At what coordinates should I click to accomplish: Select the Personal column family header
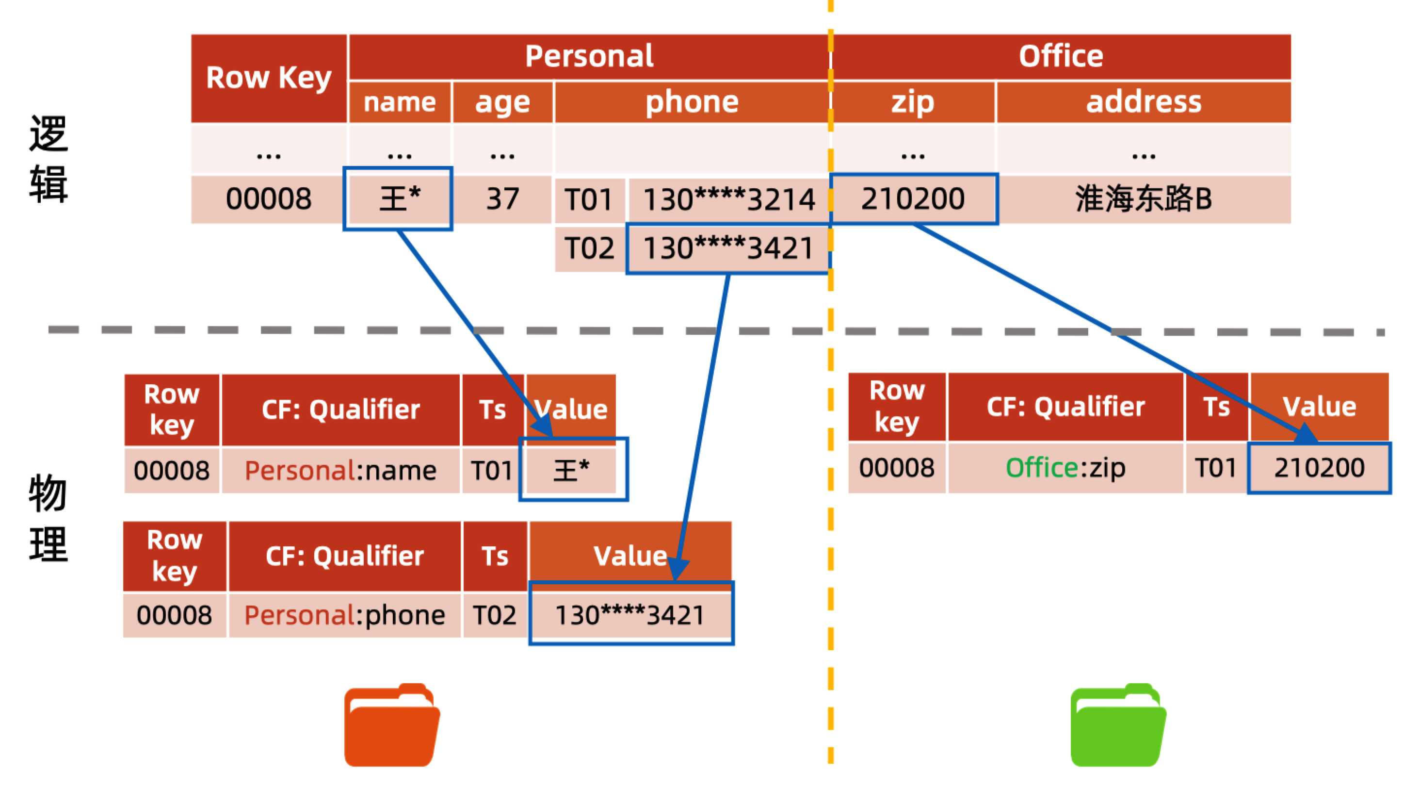(589, 56)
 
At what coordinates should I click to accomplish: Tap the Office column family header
(1061, 56)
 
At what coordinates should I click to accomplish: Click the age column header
(502, 102)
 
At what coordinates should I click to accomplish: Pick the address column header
(1144, 102)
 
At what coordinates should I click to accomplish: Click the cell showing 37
(502, 199)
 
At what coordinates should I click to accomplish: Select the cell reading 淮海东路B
(1144, 199)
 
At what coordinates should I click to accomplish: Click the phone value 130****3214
(729, 199)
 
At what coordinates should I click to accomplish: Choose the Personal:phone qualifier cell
(344, 615)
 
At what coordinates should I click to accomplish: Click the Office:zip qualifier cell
(1065, 468)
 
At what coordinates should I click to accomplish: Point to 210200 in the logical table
(913, 199)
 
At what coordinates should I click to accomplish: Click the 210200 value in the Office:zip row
(1319, 468)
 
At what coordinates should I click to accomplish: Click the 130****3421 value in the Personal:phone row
(630, 615)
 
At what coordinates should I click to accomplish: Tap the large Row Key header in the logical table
(269, 78)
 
